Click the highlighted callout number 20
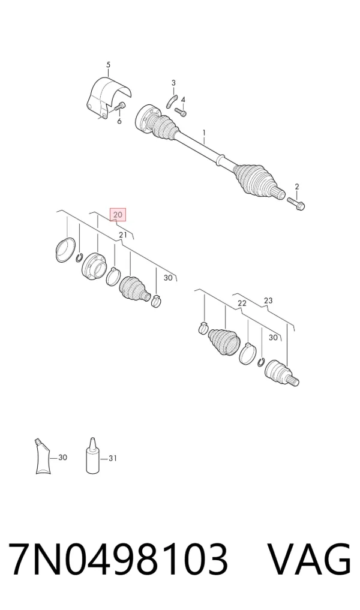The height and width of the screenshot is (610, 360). pos(118,214)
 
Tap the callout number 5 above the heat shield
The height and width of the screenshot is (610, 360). pos(108,64)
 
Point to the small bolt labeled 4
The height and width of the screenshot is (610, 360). pos(181,112)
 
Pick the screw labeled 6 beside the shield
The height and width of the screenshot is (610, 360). pos(119,106)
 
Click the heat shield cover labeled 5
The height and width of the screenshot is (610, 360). pos(107,98)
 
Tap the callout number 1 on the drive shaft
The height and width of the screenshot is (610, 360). pos(203,134)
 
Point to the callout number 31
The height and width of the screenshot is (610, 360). pos(112,459)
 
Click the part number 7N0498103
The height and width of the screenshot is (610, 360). pos(118,559)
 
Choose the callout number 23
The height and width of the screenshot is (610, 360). pos(268,301)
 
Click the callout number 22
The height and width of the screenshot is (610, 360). pos(242,303)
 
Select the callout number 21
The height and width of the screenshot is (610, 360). pos(123,235)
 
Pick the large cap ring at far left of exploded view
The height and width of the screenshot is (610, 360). pos(65,250)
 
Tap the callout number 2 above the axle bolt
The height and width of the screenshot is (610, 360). pos(296,187)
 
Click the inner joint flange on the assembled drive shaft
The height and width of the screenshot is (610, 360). pos(146,118)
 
